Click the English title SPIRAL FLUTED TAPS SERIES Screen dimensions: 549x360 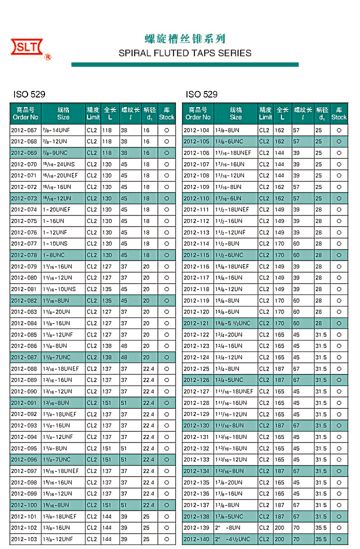tap(185, 53)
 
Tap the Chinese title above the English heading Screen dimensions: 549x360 tap(185, 38)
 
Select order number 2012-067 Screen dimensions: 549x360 tap(24, 130)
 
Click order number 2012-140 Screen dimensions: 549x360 tap(196, 539)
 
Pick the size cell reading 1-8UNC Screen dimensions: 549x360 tap(56, 255)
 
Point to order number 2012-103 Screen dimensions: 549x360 tap(24, 539)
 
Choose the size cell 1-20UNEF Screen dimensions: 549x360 tap(57, 209)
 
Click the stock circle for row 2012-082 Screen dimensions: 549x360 tap(166, 300)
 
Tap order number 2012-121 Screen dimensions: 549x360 tap(196, 323)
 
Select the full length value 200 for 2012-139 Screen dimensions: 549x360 tap(279, 527)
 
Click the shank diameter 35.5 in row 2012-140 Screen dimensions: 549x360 tap(321, 539)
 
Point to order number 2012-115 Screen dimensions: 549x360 tap(196, 255)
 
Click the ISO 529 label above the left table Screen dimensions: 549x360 tap(29, 94)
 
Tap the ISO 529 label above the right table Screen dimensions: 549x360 tap(201, 94)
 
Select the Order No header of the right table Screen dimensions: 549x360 tap(198, 113)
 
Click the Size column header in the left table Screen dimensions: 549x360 tap(63, 113)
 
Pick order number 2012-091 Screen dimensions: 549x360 tap(24, 402)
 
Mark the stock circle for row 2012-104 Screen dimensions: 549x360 tap(339, 130)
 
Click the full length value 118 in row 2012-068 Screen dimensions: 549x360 tap(106, 141)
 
